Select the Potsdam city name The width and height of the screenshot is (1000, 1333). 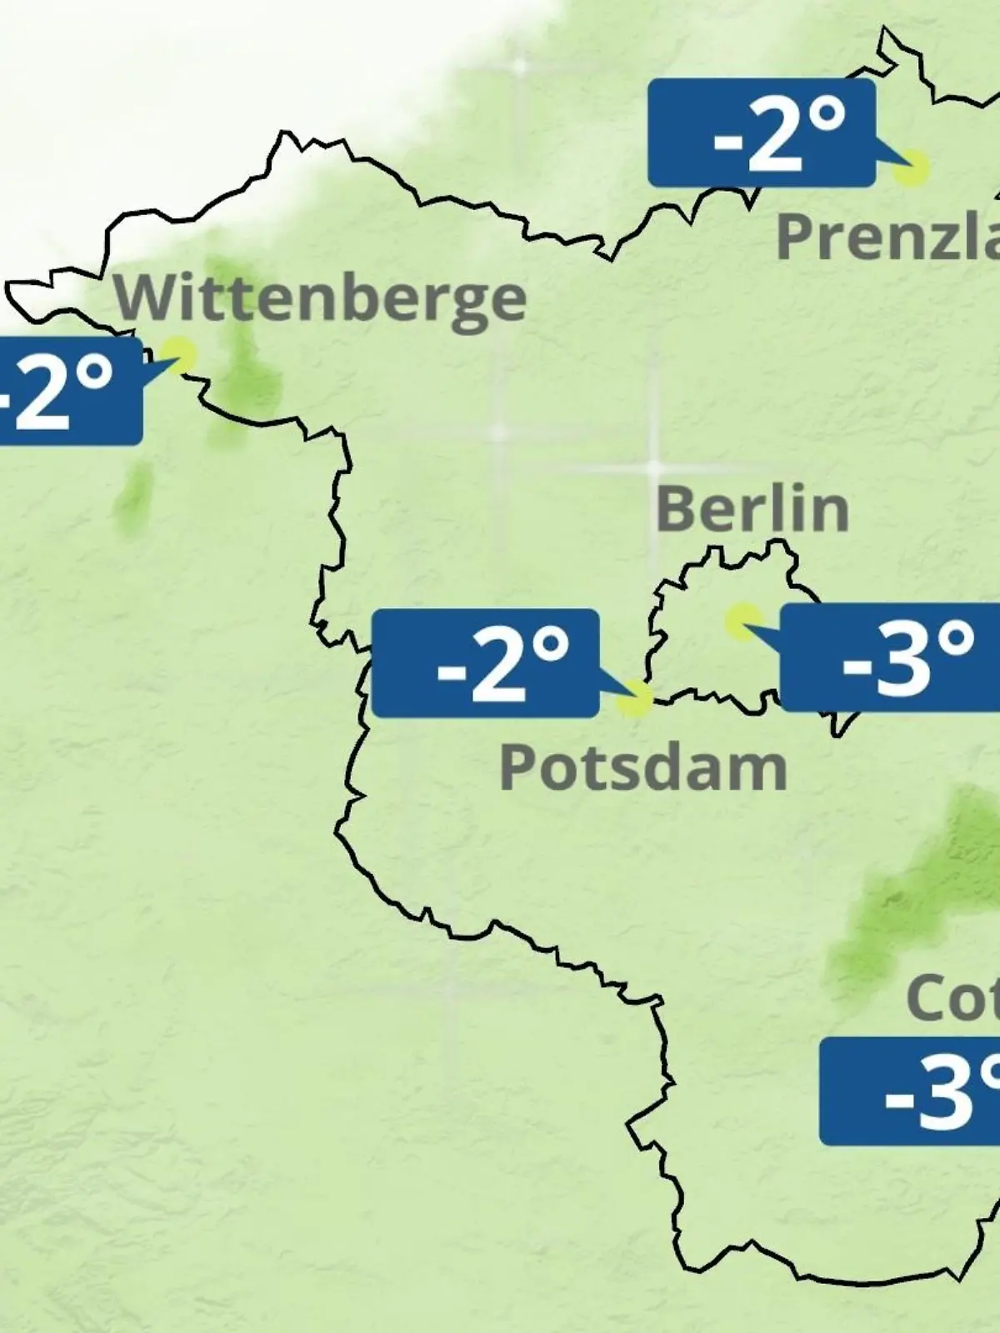pyautogui.click(x=642, y=768)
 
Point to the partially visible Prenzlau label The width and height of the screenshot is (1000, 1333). pyautogui.click(x=887, y=237)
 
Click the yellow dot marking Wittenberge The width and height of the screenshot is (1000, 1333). pyautogui.click(x=178, y=353)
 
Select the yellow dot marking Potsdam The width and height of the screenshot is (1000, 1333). pyautogui.click(x=635, y=698)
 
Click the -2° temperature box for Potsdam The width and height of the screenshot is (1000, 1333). pyautogui.click(x=485, y=663)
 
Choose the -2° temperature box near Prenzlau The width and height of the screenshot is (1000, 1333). pyautogui.click(x=762, y=132)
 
